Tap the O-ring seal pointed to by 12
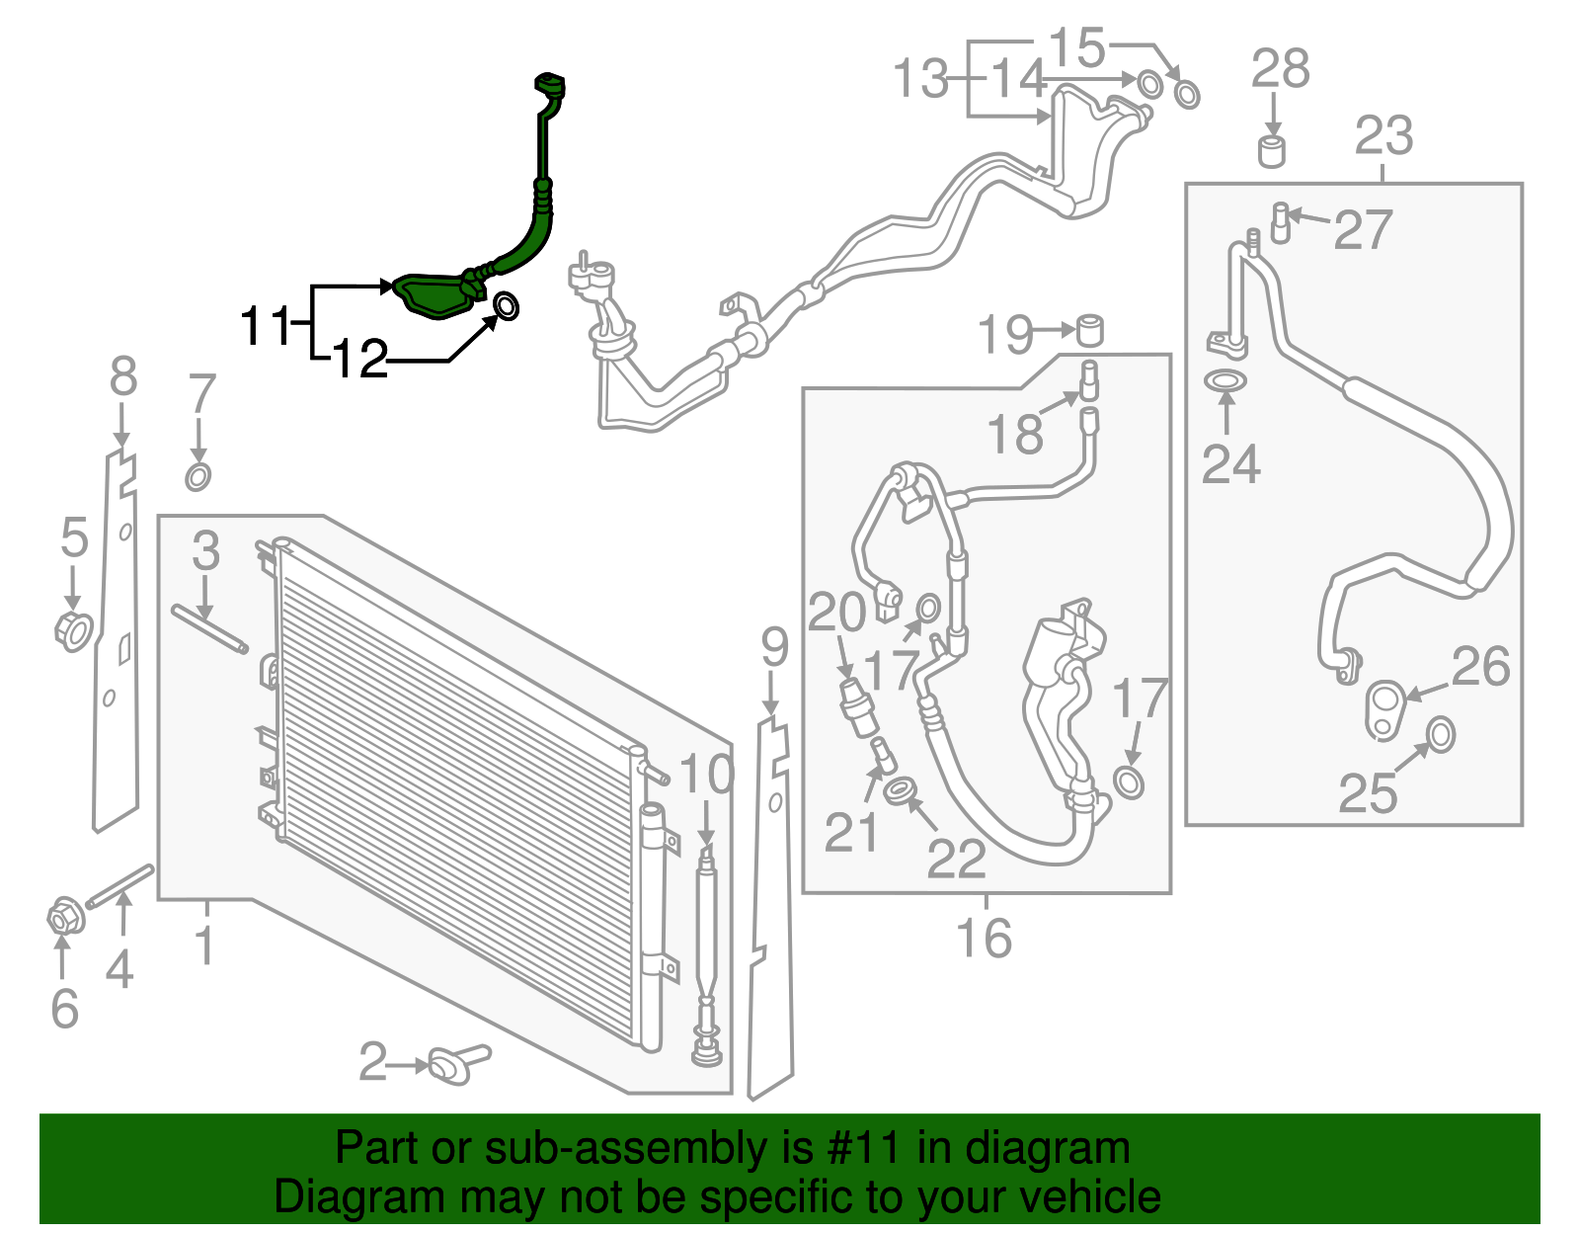pos(505,306)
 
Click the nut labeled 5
pos(73,630)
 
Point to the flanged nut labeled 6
pos(64,919)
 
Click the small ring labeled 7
pos(198,477)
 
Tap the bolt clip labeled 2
pos(454,1064)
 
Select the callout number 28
pos(1280,69)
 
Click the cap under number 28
pos(1272,152)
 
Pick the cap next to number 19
pos(1089,329)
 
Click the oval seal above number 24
pos(1225,380)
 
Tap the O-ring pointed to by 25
pos(1441,734)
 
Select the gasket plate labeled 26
pos(1384,708)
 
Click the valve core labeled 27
pos(1280,221)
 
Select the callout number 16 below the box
pos(985,938)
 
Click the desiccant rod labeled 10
pos(706,948)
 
